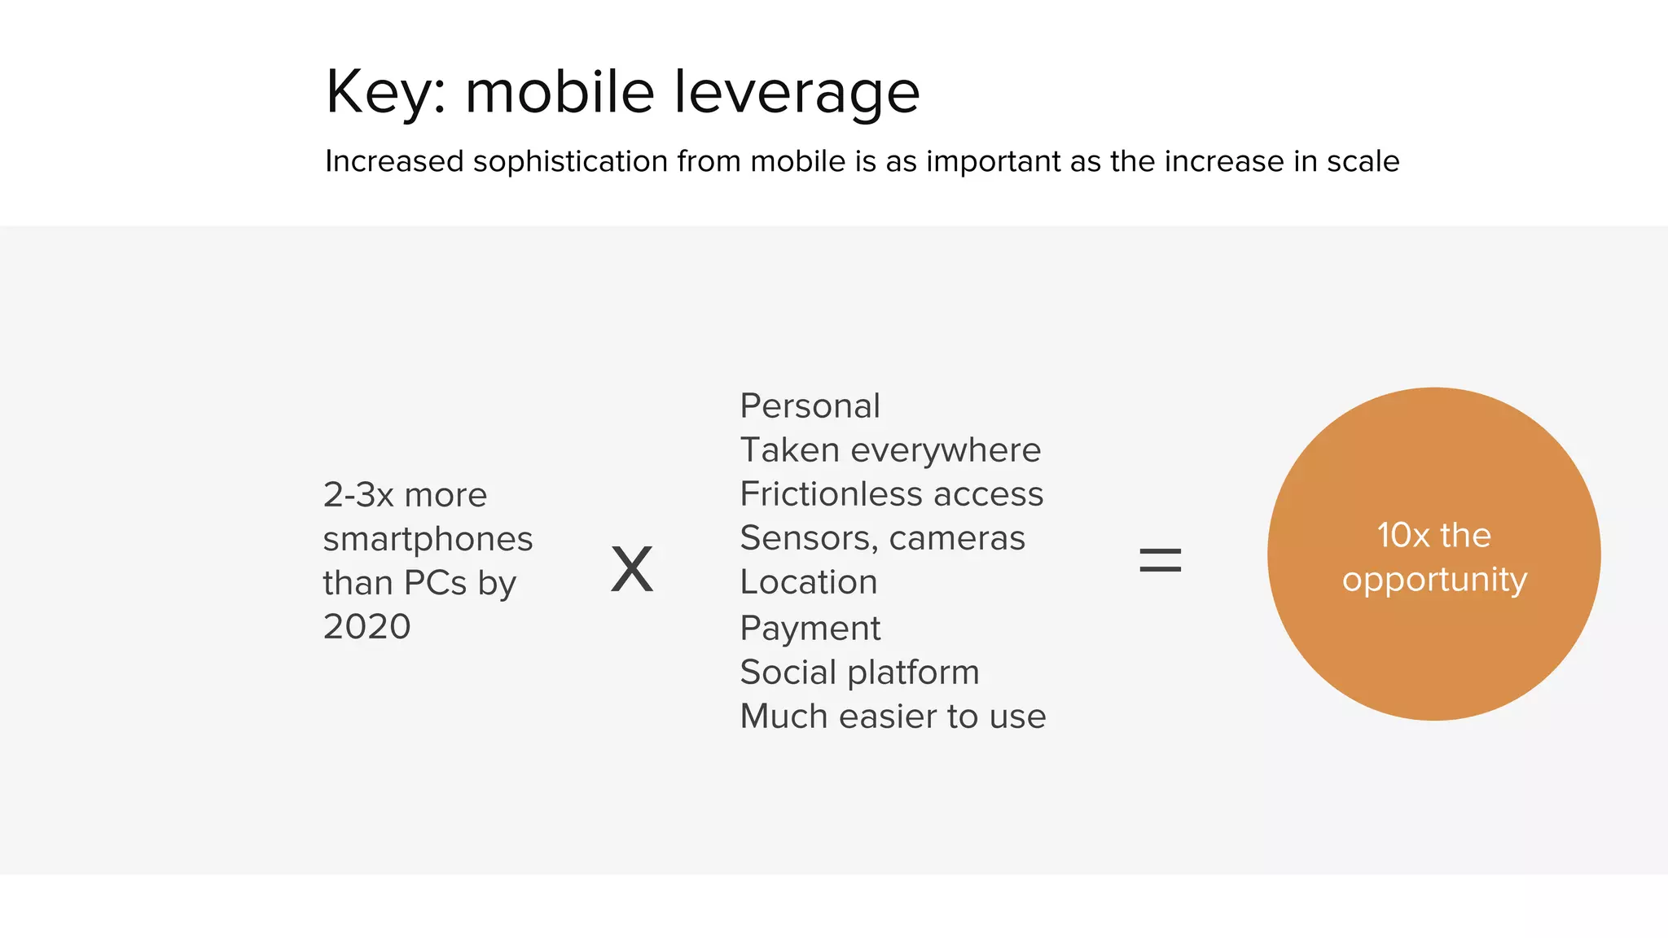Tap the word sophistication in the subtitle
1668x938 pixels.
coord(570,161)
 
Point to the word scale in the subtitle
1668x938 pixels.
coord(1363,161)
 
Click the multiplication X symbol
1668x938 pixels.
coord(632,569)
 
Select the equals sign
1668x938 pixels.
coord(1160,560)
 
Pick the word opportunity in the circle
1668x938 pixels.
coord(1434,580)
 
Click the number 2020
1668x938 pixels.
coord(367,627)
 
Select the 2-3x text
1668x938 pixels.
coord(358,495)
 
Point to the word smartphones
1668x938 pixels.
coord(428,539)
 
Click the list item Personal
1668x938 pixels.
coord(810,405)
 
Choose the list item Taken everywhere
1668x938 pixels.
coord(890,449)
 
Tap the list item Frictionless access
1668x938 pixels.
coord(891,493)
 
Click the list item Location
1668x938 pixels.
coord(808,582)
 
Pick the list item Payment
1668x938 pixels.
coord(810,628)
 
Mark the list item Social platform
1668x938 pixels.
coord(859,673)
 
